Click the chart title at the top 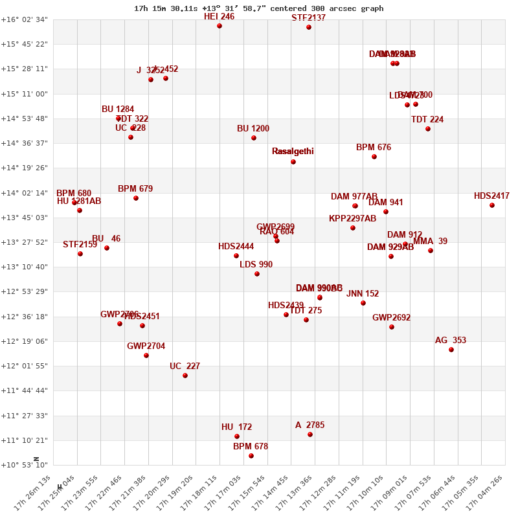click(258, 8)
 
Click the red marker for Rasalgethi click(293, 162)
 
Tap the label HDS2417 click(491, 196)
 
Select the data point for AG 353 click(451, 350)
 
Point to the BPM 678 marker click(251, 456)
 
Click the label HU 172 click(237, 427)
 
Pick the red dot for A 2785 click(310, 434)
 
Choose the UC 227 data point click(185, 376)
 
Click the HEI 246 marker click(220, 26)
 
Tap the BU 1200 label click(253, 129)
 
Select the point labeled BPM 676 click(374, 157)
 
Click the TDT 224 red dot click(428, 129)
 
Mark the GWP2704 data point click(146, 355)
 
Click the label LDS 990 click(256, 265)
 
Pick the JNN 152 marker click(363, 303)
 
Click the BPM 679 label click(135, 189)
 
